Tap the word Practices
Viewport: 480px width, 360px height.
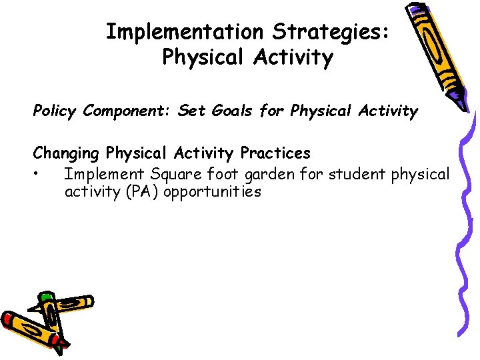[275, 153]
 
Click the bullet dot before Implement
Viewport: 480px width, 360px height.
[41, 175]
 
